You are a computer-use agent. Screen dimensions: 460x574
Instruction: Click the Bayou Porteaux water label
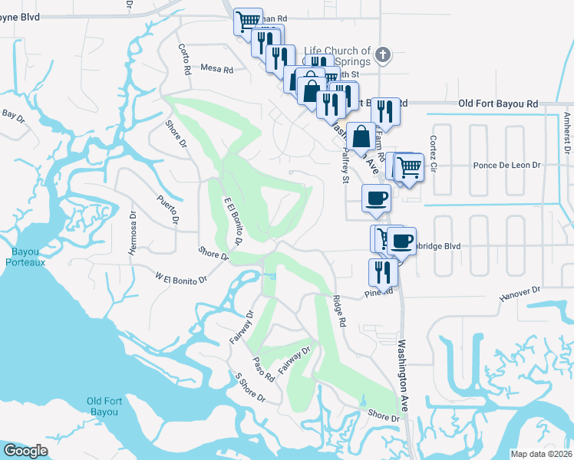tap(28, 257)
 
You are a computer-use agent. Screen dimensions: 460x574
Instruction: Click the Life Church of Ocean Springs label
tap(338, 56)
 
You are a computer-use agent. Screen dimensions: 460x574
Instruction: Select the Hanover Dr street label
tap(520, 292)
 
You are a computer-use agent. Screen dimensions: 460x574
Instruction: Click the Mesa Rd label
tap(216, 69)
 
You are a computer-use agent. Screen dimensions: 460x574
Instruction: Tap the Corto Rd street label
tap(184, 58)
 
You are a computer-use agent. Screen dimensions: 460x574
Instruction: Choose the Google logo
tap(25, 451)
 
